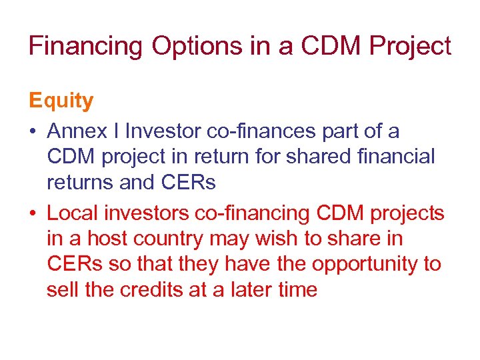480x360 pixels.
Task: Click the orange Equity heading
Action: pos(61,101)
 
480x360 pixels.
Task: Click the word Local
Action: pos(74,213)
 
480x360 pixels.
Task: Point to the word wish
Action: pos(295,238)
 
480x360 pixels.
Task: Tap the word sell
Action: pos(62,290)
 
